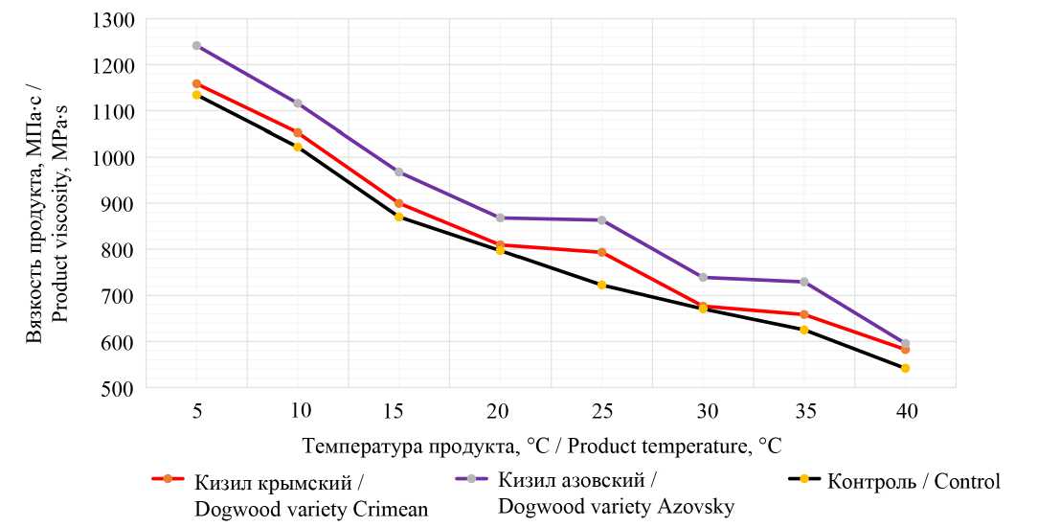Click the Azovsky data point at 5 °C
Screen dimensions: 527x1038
click(x=196, y=45)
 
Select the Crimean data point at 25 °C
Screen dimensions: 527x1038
click(x=601, y=252)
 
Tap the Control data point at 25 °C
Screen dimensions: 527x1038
click(x=601, y=285)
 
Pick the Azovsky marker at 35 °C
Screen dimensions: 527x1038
click(x=803, y=282)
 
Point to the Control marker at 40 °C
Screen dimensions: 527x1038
click(x=905, y=368)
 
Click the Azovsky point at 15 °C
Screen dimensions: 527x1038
click(x=398, y=172)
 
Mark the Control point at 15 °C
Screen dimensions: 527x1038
click(x=398, y=217)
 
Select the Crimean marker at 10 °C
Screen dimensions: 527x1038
click(x=298, y=132)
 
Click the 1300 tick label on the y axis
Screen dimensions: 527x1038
click(x=115, y=19)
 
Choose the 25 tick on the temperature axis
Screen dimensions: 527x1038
click(x=601, y=412)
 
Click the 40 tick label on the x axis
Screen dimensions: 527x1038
click(x=906, y=412)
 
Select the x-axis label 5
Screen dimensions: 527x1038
click(x=196, y=412)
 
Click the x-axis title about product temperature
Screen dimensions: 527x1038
click(x=542, y=447)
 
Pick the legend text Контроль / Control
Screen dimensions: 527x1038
click(x=914, y=481)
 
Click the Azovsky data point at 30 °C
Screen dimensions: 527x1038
click(x=703, y=277)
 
